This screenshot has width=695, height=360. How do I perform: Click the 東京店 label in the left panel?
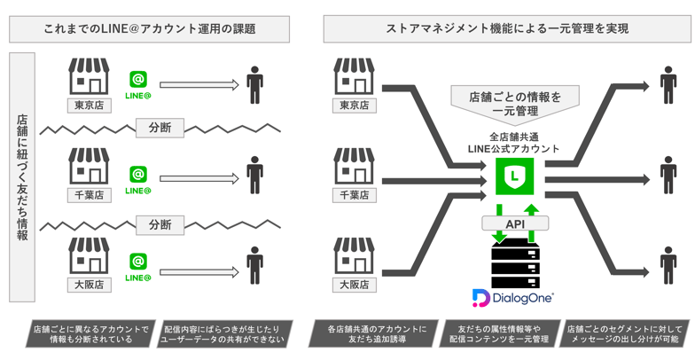pyautogui.click(x=88, y=106)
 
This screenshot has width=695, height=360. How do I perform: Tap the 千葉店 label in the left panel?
pyautogui.click(x=88, y=195)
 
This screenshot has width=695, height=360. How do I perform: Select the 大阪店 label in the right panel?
pyautogui.click(x=353, y=285)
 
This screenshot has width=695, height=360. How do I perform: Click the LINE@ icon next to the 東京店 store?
pyautogui.click(x=137, y=83)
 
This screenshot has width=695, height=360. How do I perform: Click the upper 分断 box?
pyautogui.click(x=160, y=128)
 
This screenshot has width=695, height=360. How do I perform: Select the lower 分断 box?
pyautogui.click(x=160, y=223)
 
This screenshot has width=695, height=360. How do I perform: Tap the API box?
pyautogui.click(x=515, y=223)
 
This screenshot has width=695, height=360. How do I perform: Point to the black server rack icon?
pyautogui.click(x=515, y=263)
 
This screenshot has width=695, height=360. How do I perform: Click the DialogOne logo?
pyautogui.click(x=514, y=299)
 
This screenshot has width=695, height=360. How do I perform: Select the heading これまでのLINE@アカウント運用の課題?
pyautogui.click(x=149, y=29)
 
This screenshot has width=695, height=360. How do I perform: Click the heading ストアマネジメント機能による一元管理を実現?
pyautogui.click(x=507, y=29)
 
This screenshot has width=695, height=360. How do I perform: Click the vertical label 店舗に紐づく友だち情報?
pyautogui.click(x=22, y=177)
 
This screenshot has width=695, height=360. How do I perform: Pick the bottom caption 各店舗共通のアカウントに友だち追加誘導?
pyautogui.click(x=370, y=333)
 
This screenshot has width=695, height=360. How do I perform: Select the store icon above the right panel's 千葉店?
pyautogui.click(x=353, y=167)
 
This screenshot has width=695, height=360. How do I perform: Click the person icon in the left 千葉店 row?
pyautogui.click(x=255, y=175)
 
